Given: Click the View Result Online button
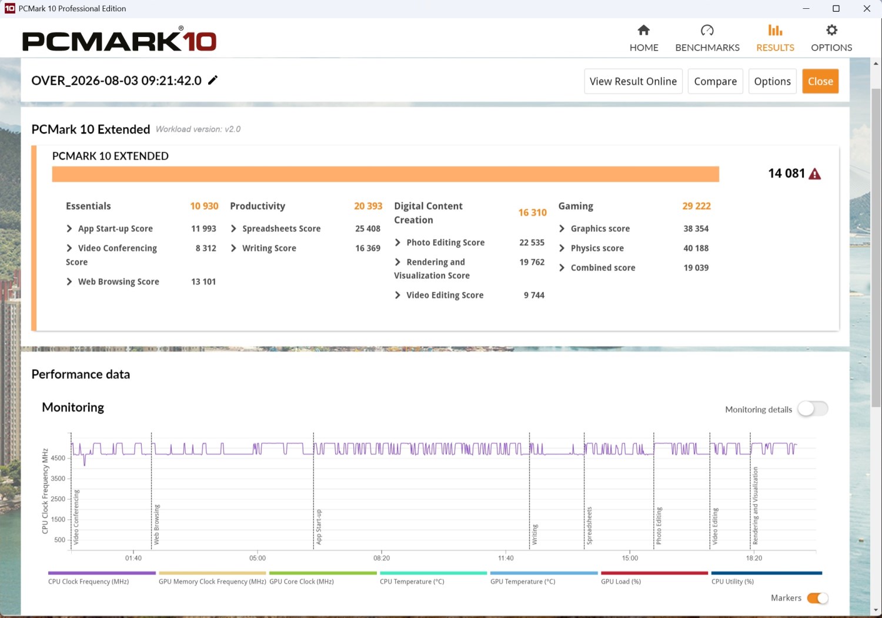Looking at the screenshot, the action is pyautogui.click(x=633, y=81).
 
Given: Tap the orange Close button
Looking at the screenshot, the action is pyautogui.click(x=820, y=81).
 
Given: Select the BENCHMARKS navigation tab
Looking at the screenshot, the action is pyautogui.click(x=707, y=38).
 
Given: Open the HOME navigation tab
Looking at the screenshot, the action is pyautogui.click(x=644, y=38).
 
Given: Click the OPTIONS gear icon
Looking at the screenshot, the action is pyautogui.click(x=831, y=31).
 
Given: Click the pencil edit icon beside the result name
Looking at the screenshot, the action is pyautogui.click(x=213, y=81).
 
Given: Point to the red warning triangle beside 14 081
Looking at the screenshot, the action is pyautogui.click(x=814, y=173).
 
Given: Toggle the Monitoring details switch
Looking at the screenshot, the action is pyautogui.click(x=813, y=409).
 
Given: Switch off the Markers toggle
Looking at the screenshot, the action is pyautogui.click(x=817, y=598).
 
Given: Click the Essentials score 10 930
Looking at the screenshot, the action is pyautogui.click(x=204, y=206).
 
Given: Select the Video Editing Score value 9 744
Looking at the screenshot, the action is pyautogui.click(x=534, y=295).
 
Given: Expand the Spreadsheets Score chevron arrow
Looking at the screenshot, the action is pyautogui.click(x=233, y=229).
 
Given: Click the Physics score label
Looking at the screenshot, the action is pyautogui.click(x=597, y=248).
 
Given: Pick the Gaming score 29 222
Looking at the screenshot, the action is pyautogui.click(x=696, y=206).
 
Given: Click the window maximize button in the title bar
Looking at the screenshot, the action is pyautogui.click(x=836, y=8).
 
